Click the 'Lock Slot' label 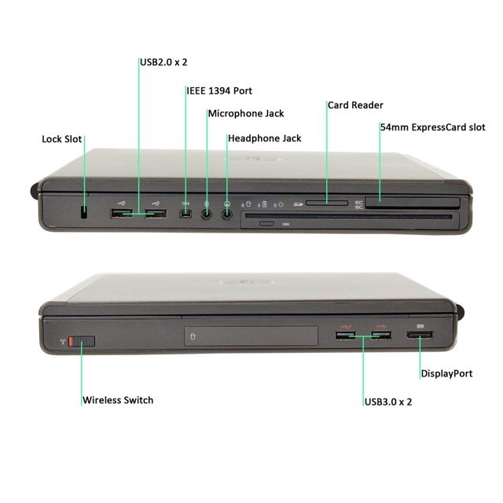(x=62, y=139)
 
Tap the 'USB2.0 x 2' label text (x=164, y=62)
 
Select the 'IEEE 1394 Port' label (x=219, y=90)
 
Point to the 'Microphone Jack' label (x=246, y=114)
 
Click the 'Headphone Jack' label (x=265, y=138)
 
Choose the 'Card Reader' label (x=355, y=105)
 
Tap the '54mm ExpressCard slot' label (x=432, y=127)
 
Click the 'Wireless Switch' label (x=118, y=400)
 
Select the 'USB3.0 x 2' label (x=388, y=402)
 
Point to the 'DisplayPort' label (x=446, y=373)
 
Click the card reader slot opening (x=327, y=203)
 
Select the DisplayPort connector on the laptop (x=420, y=336)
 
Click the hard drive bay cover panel (x=251, y=337)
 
